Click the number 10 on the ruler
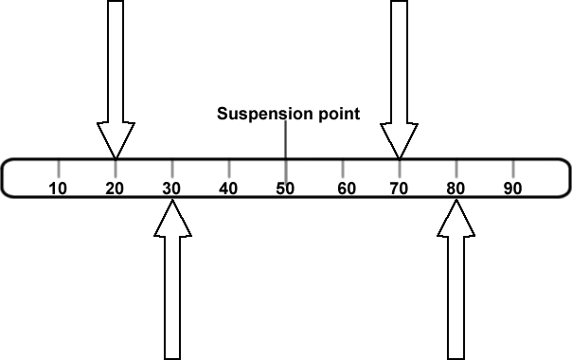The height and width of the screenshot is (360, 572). (x=58, y=188)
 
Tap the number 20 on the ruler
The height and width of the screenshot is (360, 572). (x=115, y=188)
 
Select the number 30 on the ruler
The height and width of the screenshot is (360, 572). (x=171, y=188)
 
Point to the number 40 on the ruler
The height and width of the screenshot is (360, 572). (x=228, y=188)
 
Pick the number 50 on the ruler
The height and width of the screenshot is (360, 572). (x=285, y=188)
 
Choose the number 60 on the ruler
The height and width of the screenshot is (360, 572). (x=347, y=188)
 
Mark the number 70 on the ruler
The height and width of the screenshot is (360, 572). (x=399, y=188)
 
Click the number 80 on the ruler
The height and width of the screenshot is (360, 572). (x=456, y=188)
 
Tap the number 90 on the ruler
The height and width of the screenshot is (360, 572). (x=512, y=188)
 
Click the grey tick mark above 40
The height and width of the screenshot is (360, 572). (x=228, y=168)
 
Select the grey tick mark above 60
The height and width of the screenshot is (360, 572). (x=342, y=168)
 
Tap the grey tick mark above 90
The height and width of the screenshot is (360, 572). (x=512, y=168)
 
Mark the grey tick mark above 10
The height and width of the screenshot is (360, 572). (x=58, y=168)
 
